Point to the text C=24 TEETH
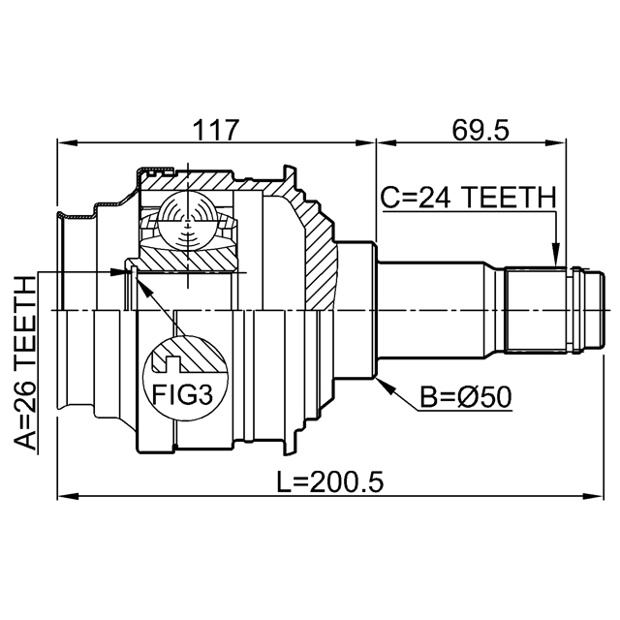(x=467, y=198)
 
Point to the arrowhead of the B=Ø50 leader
(x=386, y=381)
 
